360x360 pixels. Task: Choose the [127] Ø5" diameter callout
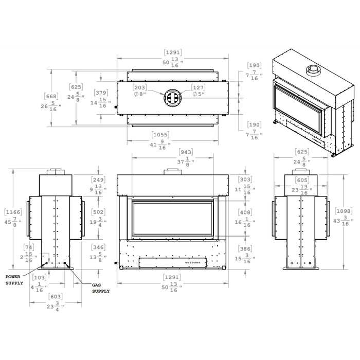pyautogui.click(x=199, y=91)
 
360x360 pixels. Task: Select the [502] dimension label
pyautogui.click(x=98, y=217)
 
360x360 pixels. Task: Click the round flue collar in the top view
pyautogui.click(x=171, y=97)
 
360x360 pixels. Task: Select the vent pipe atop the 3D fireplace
pyautogui.click(x=312, y=70)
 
